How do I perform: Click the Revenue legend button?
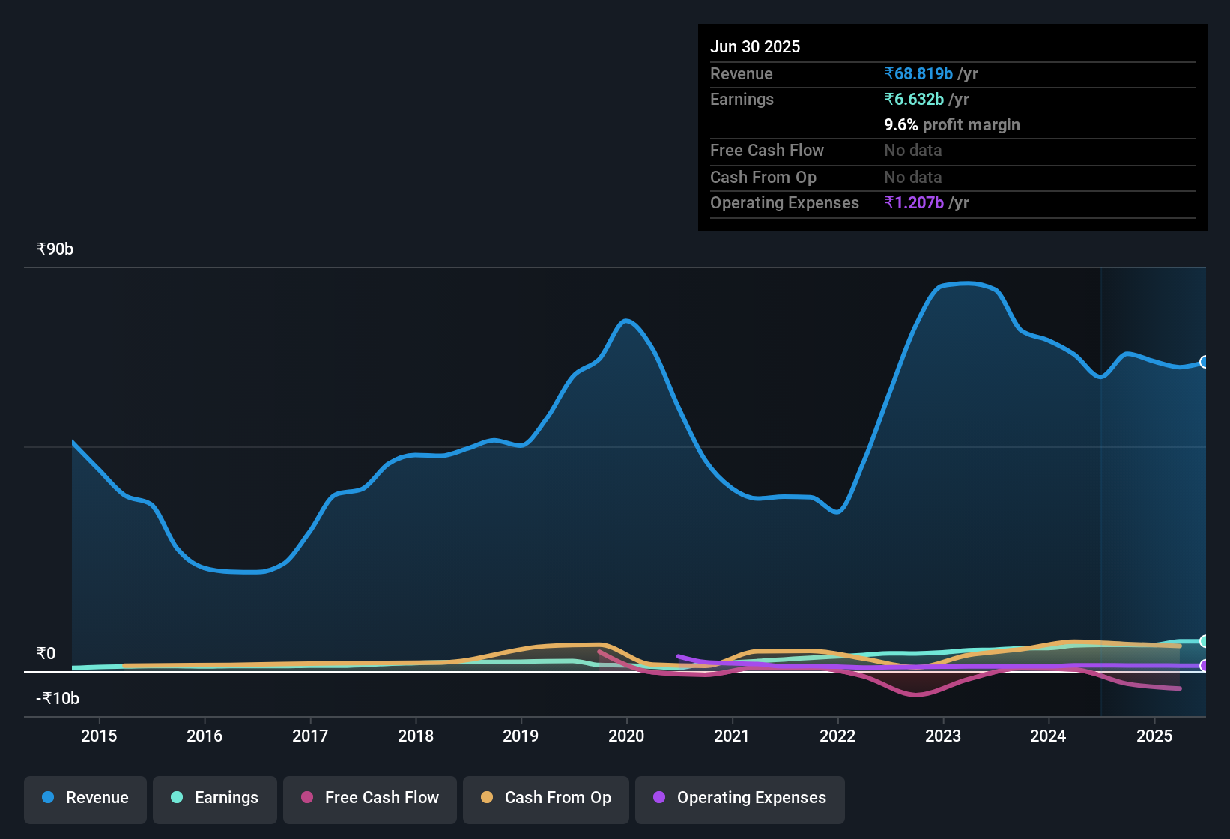point(85,798)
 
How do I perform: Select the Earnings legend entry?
point(215,798)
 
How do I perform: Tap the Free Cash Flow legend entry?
point(370,798)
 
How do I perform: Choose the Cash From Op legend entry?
point(546,798)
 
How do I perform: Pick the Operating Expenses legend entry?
point(740,798)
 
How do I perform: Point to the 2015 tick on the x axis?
point(99,736)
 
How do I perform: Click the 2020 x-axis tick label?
point(626,736)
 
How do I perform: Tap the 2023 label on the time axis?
point(943,736)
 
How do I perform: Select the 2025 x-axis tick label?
point(1154,736)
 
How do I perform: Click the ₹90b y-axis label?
point(55,249)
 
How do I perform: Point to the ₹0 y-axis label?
point(46,654)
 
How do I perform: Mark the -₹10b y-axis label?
point(58,699)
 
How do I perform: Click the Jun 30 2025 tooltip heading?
point(755,46)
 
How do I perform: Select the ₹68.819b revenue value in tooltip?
point(918,73)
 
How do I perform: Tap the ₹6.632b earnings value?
point(914,99)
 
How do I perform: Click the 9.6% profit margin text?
point(952,124)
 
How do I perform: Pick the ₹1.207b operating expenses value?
point(914,202)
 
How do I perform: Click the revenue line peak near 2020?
point(626,321)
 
